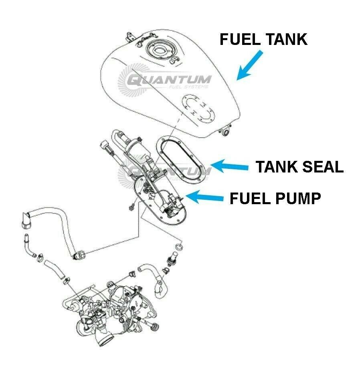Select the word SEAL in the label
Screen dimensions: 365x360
323,166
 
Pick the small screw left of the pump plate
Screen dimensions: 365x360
131,207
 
